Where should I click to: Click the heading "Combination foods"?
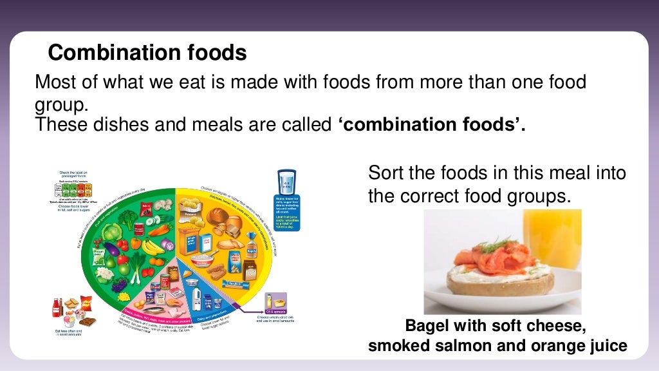pyautogui.click(x=147, y=53)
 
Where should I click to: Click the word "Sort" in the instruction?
pyautogui.click(x=385, y=173)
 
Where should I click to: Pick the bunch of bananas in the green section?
pyautogui.click(x=153, y=246)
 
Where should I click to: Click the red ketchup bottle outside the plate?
pyautogui.click(x=57, y=307)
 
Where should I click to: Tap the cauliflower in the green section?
pyautogui.click(x=105, y=274)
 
